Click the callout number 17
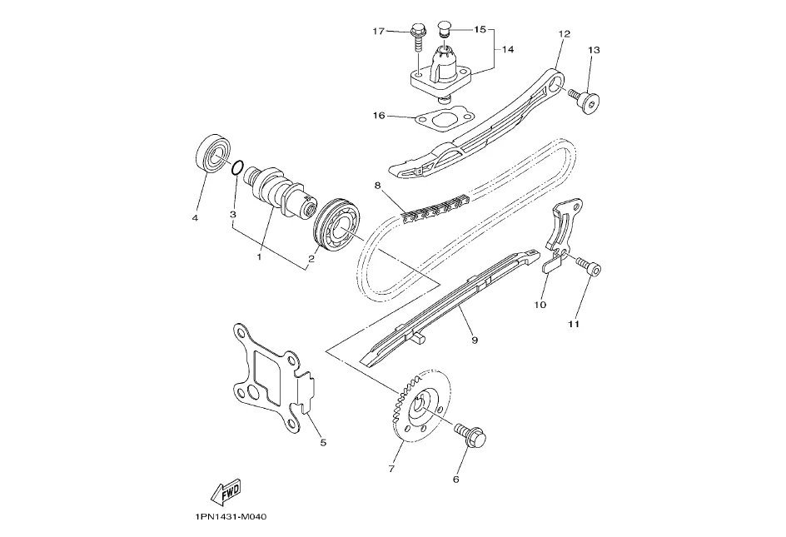pyautogui.click(x=378, y=32)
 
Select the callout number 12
pyautogui.click(x=565, y=34)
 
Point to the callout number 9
pyautogui.click(x=474, y=339)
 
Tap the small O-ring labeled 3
pyautogui.click(x=238, y=169)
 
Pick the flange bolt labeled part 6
pyautogui.click(x=473, y=434)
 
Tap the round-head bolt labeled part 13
pyautogui.click(x=589, y=103)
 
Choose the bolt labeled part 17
pyautogui.click(x=417, y=37)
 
